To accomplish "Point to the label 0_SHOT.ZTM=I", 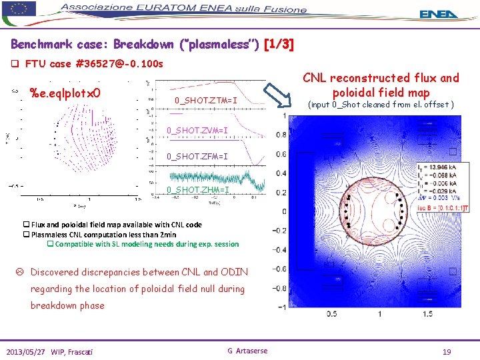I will tap(205, 101).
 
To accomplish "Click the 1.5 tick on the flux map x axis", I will tap(427, 313).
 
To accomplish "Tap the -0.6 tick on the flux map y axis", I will tap(281, 269).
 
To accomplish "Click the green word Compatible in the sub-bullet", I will tap(79, 244).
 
